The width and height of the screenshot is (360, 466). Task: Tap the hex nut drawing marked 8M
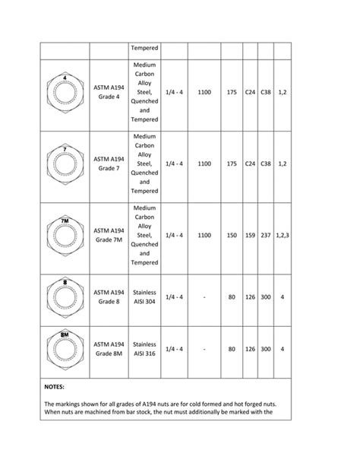tap(65, 349)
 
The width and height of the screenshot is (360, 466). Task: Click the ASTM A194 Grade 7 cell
tap(109, 163)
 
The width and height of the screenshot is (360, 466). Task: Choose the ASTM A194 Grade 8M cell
tap(109, 349)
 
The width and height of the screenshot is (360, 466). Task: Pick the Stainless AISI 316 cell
tap(144, 349)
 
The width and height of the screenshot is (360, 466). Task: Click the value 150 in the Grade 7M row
tap(232, 236)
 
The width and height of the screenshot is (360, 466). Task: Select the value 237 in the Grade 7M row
tap(265, 236)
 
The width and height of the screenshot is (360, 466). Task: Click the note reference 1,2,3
tap(283, 236)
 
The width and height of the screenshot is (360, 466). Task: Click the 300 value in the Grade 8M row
tap(265, 349)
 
